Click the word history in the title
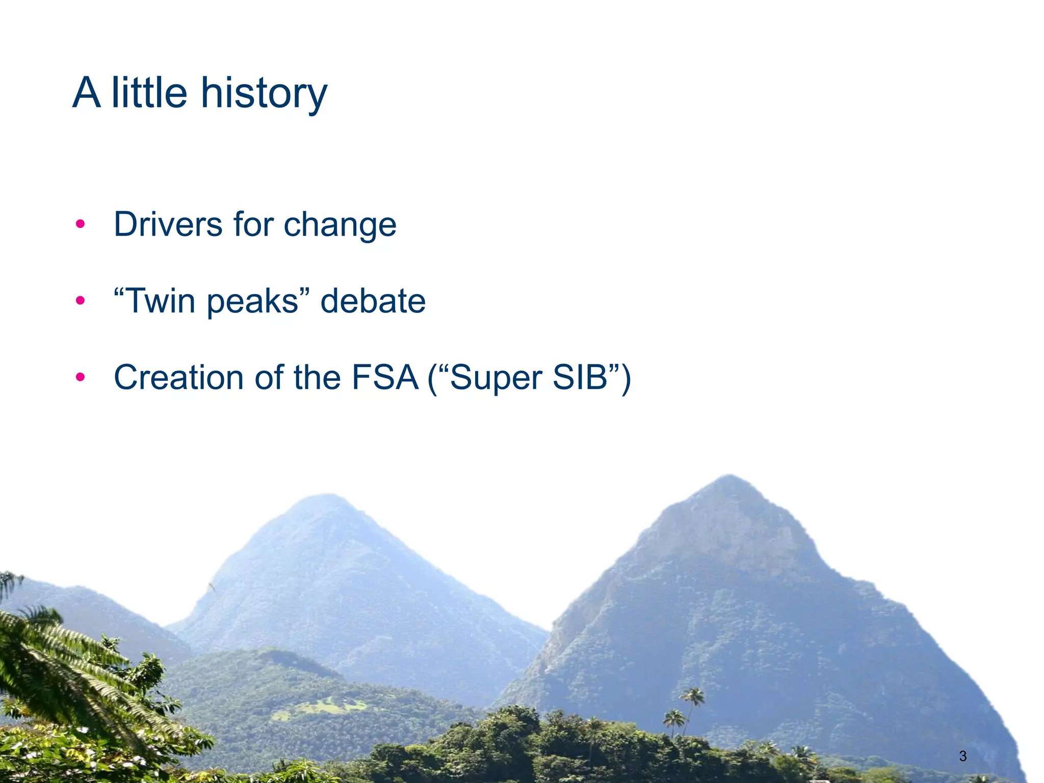point(264,93)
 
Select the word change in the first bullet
point(340,225)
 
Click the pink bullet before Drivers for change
point(80,224)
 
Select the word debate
point(373,301)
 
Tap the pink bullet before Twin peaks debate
point(80,301)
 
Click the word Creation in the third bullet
point(178,378)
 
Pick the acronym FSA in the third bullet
point(385,378)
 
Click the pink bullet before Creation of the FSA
point(80,378)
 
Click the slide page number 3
point(962,756)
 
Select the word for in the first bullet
point(253,224)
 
